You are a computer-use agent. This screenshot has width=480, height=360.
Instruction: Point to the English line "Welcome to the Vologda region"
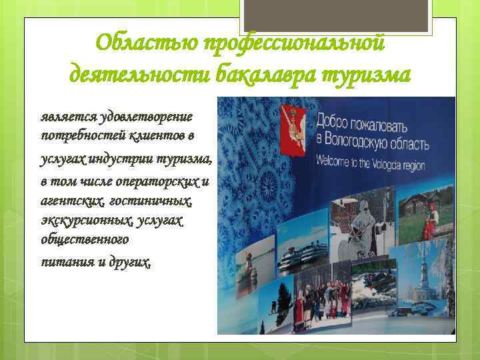tap(379, 161)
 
